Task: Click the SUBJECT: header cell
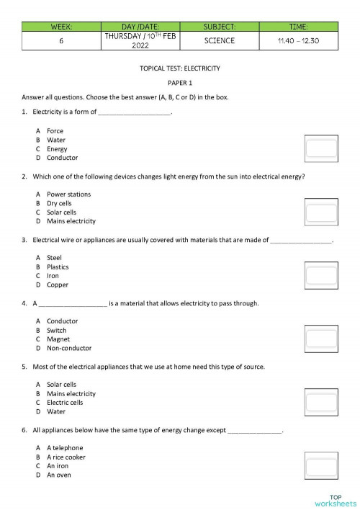pyautogui.click(x=219, y=26)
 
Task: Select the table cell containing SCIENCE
pyautogui.click(x=219, y=40)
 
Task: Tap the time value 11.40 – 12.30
pyautogui.click(x=297, y=40)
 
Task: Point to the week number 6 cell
pyautogui.click(x=62, y=40)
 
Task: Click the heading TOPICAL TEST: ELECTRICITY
pyautogui.click(x=180, y=68)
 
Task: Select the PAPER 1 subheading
pyautogui.click(x=180, y=83)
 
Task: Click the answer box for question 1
pyautogui.click(x=321, y=148)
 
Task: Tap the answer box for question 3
pyautogui.click(x=321, y=274)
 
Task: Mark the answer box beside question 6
pyautogui.click(x=321, y=465)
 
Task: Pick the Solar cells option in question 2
pyautogui.click(x=61, y=212)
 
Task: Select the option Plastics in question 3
pyautogui.click(x=58, y=267)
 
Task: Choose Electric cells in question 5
pyautogui.click(x=65, y=403)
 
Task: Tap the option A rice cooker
pyautogui.click(x=66, y=457)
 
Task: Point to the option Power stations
pyautogui.click(x=68, y=194)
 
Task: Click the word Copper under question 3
pyautogui.click(x=58, y=285)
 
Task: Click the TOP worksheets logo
pyautogui.click(x=335, y=499)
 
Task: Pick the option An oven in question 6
pyautogui.click(x=59, y=475)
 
